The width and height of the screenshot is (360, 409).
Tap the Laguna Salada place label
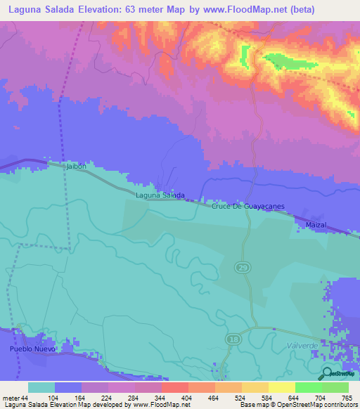point(160,195)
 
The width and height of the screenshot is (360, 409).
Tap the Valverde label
point(303,345)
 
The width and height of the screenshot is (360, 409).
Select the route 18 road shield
point(232,339)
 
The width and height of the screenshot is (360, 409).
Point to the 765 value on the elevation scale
point(346,398)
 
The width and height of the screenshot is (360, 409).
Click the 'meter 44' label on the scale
point(15,398)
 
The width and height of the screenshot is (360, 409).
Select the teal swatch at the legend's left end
point(41,387)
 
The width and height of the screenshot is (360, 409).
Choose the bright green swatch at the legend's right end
point(335,387)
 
